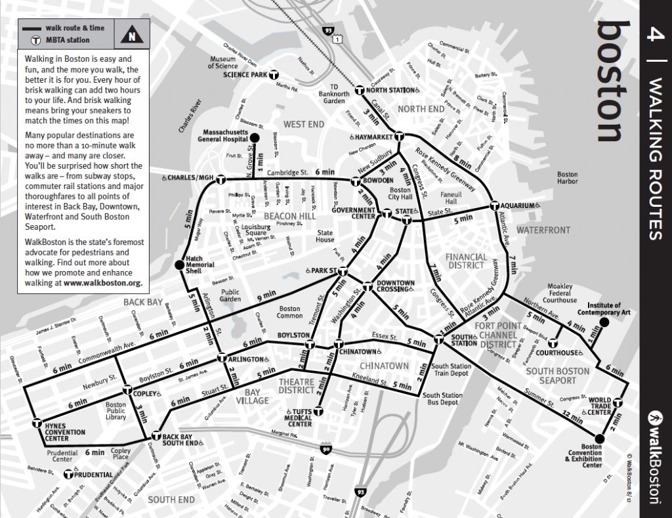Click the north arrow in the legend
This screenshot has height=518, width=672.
(132, 36)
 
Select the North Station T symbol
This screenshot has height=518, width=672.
(360, 90)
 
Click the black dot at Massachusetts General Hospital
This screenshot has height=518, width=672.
(255, 137)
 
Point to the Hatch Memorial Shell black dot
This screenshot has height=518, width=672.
(179, 265)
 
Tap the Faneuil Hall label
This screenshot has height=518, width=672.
(451, 198)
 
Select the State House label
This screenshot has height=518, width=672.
(325, 236)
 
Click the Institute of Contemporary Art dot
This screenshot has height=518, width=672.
(604, 322)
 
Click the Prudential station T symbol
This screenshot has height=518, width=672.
(68, 474)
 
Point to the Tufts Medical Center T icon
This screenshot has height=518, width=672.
(318, 412)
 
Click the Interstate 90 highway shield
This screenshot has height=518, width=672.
(326, 449)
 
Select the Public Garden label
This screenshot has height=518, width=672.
(230, 296)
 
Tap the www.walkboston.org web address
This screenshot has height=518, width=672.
(103, 283)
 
